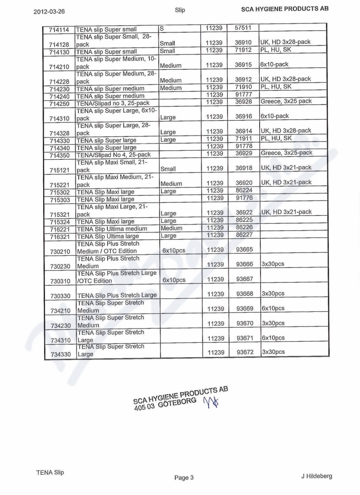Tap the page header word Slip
click(x=180, y=10)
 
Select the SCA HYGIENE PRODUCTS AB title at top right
click(x=285, y=9)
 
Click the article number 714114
click(x=59, y=30)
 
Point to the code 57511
click(x=243, y=28)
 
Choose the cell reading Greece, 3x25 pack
click(x=286, y=101)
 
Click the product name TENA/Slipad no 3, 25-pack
click(x=112, y=103)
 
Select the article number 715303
click(x=60, y=200)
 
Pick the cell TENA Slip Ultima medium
click(x=112, y=229)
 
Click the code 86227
click(x=244, y=235)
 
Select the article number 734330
click(x=60, y=354)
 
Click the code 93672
click(x=245, y=352)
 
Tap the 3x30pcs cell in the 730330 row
click(x=273, y=293)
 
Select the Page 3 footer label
click(x=184, y=477)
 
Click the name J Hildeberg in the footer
click(x=317, y=476)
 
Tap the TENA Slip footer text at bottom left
click(x=50, y=472)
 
